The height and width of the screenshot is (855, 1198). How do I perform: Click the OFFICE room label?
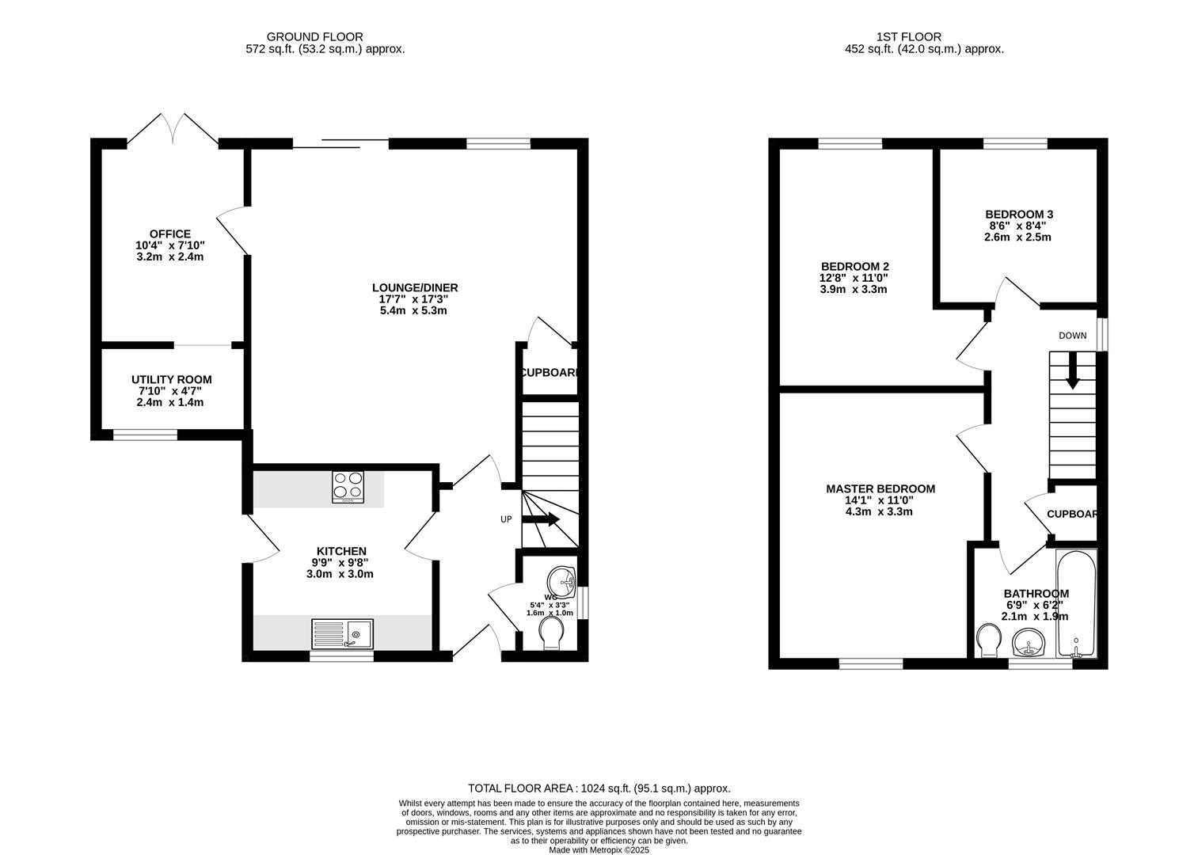170,234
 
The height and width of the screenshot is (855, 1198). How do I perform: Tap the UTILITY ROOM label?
171,380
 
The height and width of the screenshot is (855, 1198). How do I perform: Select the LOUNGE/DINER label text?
415,288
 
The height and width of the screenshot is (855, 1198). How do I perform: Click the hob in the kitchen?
348,487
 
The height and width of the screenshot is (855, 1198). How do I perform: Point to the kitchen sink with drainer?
343,633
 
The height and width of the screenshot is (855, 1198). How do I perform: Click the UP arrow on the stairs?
542,519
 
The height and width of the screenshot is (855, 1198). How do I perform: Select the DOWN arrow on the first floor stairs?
1072,370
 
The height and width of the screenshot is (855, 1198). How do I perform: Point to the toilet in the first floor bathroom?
988,640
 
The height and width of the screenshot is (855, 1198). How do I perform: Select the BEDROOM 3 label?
1018,215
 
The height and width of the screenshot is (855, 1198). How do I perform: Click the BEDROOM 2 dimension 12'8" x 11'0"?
854,278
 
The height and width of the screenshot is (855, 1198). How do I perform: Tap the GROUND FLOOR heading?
314,36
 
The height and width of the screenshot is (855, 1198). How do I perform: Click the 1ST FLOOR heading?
908,36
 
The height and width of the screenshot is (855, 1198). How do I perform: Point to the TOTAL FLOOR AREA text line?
599,788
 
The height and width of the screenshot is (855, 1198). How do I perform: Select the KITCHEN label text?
341,551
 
